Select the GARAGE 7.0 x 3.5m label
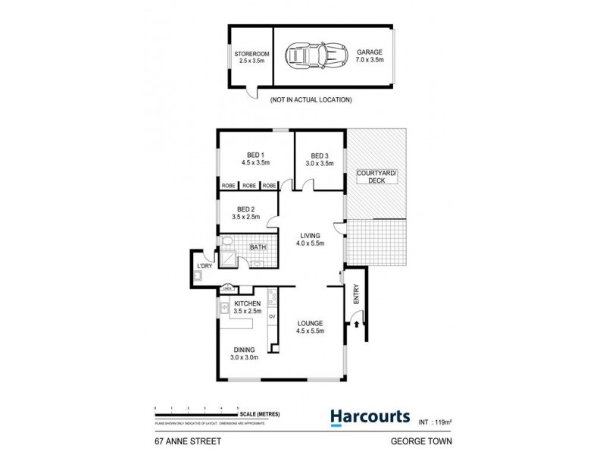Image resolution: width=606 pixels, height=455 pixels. [x=370, y=55]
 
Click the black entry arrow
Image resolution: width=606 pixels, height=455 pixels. [x=355, y=325]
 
